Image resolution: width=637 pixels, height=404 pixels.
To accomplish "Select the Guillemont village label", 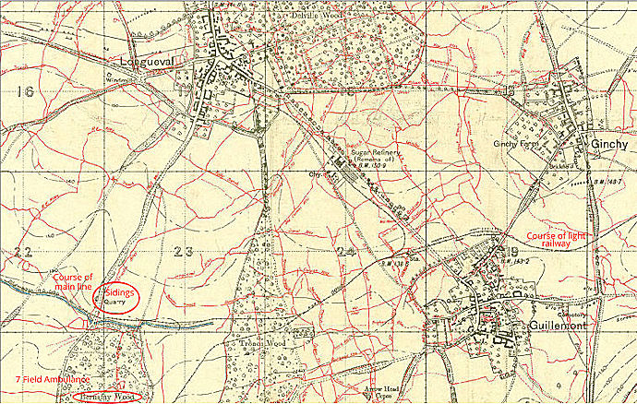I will point(530,327).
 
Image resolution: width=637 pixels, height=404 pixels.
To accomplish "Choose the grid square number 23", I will point(184,251).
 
